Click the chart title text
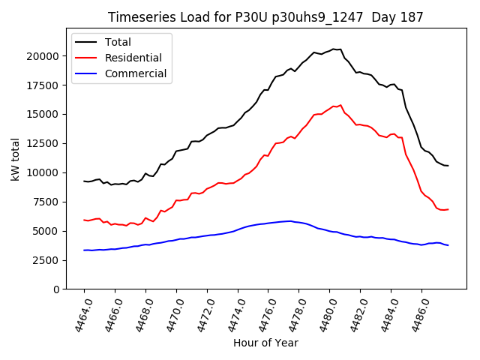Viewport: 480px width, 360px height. (265, 16)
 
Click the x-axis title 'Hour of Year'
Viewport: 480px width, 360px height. (265, 343)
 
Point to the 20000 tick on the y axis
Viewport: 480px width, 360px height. (44, 56)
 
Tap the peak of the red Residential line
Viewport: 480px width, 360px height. (340, 105)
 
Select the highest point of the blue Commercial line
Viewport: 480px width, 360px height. (290, 221)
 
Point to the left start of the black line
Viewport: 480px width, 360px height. (84, 181)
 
